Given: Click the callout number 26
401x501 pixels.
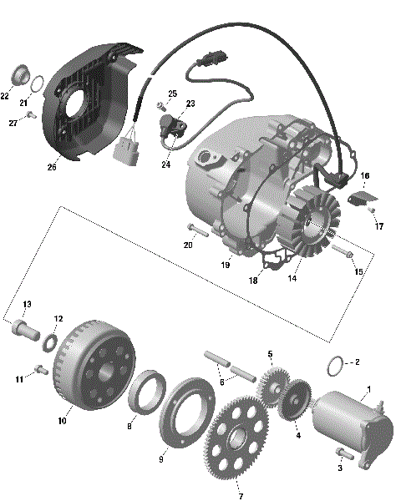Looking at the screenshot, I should click(x=52, y=167).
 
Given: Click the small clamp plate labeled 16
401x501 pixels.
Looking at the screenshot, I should click(x=362, y=197).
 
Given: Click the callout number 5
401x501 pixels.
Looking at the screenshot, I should click(x=270, y=353).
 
